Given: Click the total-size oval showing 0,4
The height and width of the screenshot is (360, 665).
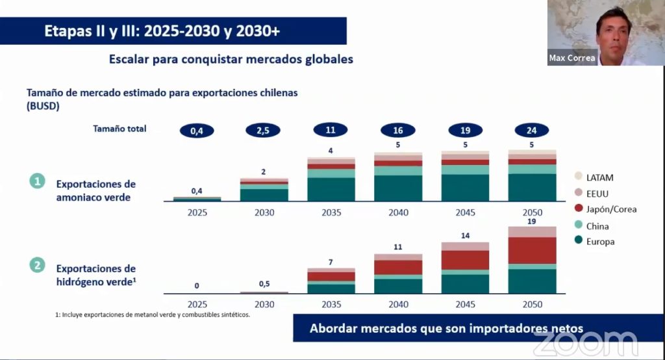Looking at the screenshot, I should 196,131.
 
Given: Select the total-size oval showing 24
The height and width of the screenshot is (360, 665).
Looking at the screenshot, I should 532,131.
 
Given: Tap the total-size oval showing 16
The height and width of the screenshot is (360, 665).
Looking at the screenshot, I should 397,131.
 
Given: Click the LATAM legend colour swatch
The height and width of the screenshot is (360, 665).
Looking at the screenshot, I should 578,177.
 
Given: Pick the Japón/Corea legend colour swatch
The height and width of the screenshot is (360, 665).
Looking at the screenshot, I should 578,209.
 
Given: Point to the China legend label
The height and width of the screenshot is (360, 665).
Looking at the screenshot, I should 597,226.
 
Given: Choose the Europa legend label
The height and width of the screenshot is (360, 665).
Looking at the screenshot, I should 600,242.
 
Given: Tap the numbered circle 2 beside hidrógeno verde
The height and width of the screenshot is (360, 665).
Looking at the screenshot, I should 37,266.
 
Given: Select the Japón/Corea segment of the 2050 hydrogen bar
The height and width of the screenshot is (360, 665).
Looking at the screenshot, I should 532,250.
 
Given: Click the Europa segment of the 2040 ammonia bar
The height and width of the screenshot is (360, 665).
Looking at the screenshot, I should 397,188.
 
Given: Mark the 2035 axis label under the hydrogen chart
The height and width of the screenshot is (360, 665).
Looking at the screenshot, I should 331,303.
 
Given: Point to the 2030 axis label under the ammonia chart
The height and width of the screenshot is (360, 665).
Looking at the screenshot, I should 264,212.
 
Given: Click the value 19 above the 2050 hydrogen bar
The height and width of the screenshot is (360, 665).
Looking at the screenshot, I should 532,221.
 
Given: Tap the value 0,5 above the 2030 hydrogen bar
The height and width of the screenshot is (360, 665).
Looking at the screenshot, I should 264,285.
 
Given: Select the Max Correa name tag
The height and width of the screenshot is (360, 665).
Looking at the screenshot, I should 571,58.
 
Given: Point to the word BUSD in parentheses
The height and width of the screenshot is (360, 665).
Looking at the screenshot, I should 43,106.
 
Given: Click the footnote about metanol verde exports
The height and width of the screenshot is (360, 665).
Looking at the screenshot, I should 153,315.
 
